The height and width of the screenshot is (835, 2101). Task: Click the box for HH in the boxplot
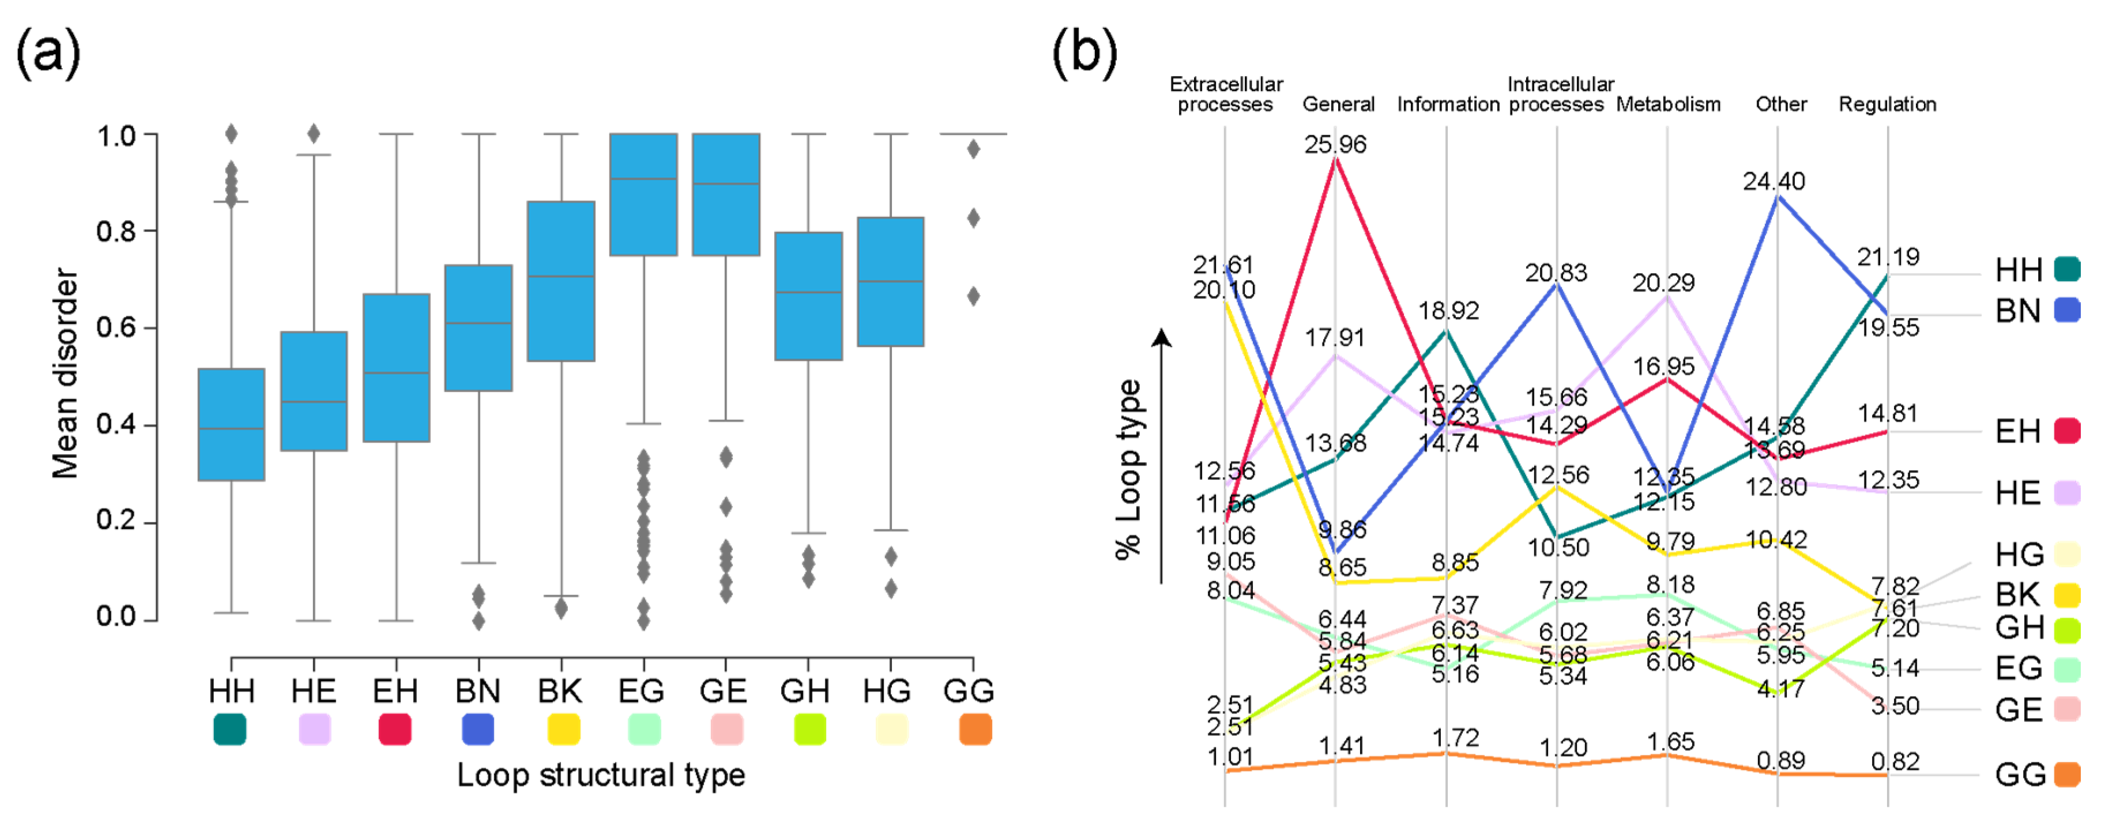[232, 424]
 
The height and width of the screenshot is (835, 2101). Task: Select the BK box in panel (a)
[560, 281]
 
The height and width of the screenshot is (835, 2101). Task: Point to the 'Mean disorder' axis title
[65, 373]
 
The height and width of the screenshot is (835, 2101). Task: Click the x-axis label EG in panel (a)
[641, 692]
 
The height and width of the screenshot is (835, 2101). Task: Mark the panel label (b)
[1084, 52]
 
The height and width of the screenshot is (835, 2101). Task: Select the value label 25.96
[1335, 144]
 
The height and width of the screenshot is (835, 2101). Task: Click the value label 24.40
[1774, 181]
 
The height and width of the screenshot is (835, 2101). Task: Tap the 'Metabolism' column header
[1668, 104]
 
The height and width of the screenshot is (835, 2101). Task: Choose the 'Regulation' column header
[1887, 104]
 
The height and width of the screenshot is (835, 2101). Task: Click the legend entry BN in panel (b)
[2018, 311]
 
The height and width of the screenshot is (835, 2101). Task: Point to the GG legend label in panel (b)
[2020, 774]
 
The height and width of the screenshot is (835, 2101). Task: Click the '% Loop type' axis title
[1129, 469]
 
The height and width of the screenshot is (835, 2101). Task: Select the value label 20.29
[1663, 283]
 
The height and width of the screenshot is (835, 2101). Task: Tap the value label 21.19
[1888, 257]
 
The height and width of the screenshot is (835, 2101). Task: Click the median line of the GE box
[726, 183]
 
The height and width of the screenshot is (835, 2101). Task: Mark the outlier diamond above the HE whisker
[313, 134]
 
